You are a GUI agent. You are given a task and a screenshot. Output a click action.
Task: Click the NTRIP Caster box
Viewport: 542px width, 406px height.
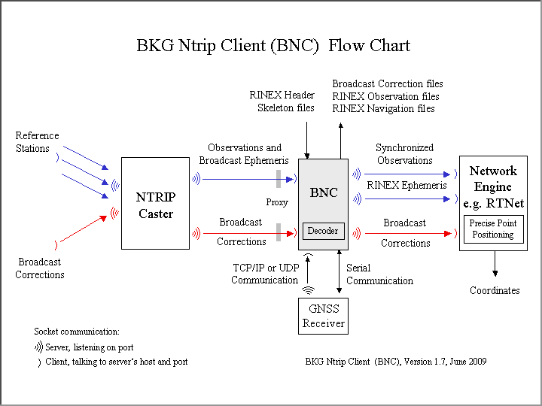pos(155,203)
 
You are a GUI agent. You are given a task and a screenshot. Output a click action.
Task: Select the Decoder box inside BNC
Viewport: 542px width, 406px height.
pos(324,231)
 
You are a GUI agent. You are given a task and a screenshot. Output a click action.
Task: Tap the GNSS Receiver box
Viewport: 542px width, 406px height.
pos(324,316)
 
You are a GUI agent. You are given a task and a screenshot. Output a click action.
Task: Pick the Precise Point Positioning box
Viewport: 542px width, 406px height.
pos(493,229)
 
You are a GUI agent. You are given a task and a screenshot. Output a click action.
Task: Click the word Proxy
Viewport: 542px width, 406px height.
pos(277,203)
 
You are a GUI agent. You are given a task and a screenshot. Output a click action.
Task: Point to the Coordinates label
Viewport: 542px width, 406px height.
pos(495,290)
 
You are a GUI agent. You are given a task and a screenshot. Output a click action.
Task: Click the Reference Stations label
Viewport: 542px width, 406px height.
pos(37,142)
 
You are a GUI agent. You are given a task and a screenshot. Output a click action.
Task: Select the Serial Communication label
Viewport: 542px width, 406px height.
pos(379,274)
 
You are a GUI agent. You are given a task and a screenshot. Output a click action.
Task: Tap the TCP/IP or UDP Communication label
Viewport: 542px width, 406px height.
pos(264,274)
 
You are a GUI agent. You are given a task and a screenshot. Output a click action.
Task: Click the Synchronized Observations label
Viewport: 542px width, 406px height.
pos(405,154)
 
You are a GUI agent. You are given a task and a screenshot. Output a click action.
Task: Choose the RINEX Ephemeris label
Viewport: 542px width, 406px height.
pos(406,186)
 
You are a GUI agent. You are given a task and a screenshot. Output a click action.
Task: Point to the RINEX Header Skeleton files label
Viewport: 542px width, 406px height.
pos(282,101)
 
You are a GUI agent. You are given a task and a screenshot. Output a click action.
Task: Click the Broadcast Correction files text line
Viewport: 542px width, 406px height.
pos(388,83)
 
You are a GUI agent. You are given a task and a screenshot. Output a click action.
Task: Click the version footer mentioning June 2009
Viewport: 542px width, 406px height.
pos(396,362)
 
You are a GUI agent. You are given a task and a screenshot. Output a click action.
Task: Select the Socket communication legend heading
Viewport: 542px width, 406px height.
pos(77,332)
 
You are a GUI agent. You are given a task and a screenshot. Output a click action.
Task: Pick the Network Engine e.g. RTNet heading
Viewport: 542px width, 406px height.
pos(493,187)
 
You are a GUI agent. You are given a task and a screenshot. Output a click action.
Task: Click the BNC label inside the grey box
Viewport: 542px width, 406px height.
pos(324,193)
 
